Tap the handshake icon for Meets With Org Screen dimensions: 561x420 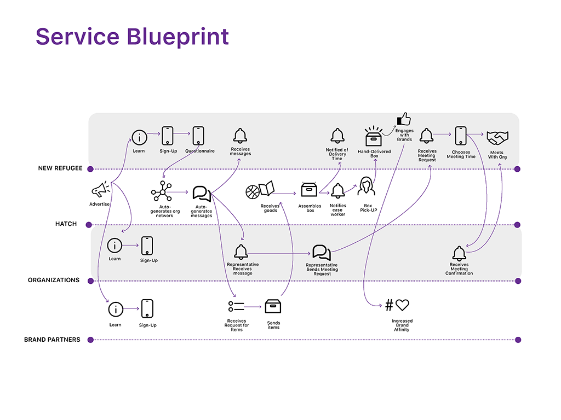497,138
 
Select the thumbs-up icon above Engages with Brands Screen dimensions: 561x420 404,119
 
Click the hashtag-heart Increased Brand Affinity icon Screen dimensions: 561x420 397,305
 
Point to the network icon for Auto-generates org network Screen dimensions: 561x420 162,191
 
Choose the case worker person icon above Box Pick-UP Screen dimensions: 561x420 367,186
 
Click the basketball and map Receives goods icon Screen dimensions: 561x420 260,190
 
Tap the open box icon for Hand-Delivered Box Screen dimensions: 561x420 374,136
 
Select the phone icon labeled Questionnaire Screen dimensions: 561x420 198,136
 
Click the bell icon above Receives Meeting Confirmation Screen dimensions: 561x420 459,254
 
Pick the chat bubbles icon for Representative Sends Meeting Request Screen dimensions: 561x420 321,253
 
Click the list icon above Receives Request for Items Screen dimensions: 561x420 236,306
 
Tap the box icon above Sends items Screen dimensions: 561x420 273,306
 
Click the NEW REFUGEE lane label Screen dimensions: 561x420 60,168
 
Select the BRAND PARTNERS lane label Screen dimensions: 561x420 52,340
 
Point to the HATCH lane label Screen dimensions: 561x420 66,224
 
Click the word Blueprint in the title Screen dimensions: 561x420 178,37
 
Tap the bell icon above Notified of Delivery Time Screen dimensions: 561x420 337,136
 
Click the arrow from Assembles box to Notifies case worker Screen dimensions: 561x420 324,193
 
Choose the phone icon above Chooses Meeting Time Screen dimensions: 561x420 461,136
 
